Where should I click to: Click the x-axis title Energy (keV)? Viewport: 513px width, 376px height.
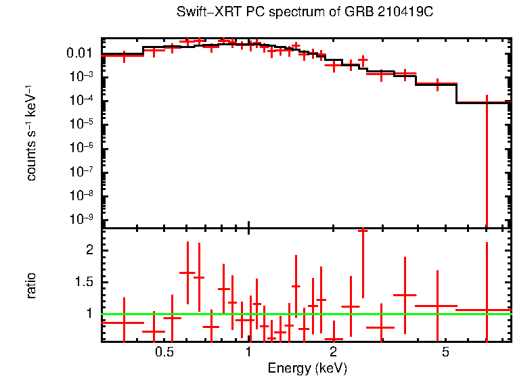click(307, 368)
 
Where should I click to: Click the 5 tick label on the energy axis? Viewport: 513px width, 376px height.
click(445, 352)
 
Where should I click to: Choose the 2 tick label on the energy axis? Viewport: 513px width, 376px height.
click(333, 352)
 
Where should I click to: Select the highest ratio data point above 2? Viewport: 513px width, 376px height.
click(363, 231)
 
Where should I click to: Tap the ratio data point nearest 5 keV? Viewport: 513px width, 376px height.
click(437, 306)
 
